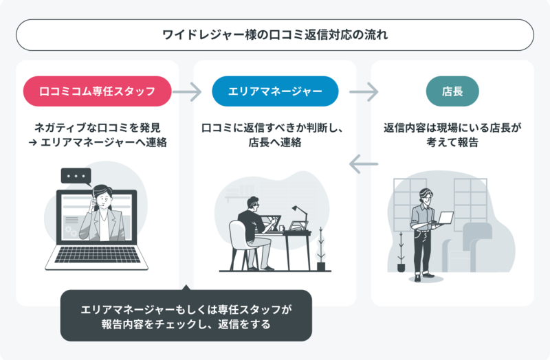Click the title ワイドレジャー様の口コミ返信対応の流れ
(275, 35)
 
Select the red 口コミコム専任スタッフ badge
(97, 91)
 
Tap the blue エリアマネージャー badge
(275, 91)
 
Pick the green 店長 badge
(452, 91)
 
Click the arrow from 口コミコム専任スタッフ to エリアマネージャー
(187, 92)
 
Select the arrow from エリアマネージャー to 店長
(364, 92)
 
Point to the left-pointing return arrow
(364, 164)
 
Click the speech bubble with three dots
(76, 177)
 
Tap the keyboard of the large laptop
(97, 255)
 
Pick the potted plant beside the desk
(321, 249)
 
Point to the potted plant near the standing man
(401, 252)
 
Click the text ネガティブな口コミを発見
(97, 128)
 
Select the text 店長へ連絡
(275, 142)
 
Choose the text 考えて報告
(452, 142)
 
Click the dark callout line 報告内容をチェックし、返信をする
(186, 324)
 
